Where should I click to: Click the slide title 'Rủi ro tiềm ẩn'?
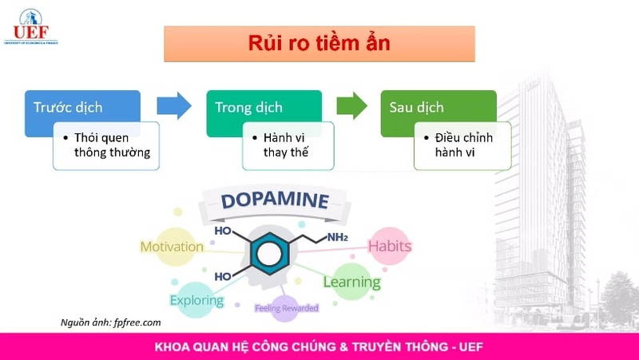[319, 43]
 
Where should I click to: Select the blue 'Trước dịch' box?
[68, 107]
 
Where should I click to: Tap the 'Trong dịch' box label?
[248, 107]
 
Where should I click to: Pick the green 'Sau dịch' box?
[416, 107]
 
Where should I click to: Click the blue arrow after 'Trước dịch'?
[173, 105]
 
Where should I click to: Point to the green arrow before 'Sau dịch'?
[351, 105]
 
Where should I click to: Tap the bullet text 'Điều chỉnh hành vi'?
[463, 145]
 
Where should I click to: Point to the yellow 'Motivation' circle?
[172, 246]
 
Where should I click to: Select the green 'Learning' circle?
[351, 282]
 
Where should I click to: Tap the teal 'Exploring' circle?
[196, 300]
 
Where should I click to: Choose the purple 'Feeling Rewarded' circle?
[286, 307]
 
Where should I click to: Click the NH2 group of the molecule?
[336, 237]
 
